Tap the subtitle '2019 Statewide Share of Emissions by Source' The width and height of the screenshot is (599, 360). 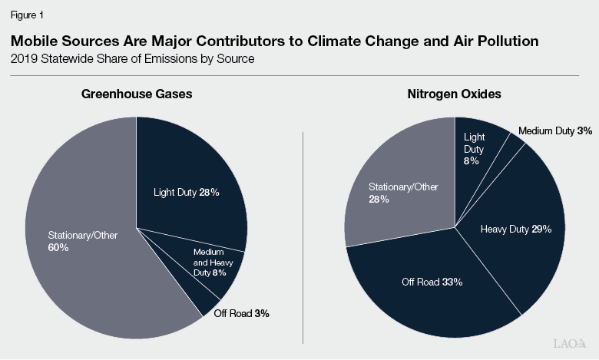[x=130, y=59]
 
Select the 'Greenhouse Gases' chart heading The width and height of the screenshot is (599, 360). [x=137, y=94]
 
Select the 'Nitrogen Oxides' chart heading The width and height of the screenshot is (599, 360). [x=455, y=94]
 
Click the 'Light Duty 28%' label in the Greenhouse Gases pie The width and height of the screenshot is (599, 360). [x=185, y=193]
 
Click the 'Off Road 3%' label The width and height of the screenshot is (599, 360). [x=241, y=313]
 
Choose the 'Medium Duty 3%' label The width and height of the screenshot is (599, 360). [x=554, y=131]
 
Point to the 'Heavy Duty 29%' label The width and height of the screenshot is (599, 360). [x=515, y=229]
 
